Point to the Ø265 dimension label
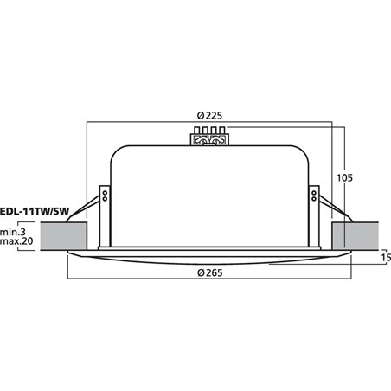click(x=208, y=274)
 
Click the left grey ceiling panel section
click(x=63, y=234)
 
